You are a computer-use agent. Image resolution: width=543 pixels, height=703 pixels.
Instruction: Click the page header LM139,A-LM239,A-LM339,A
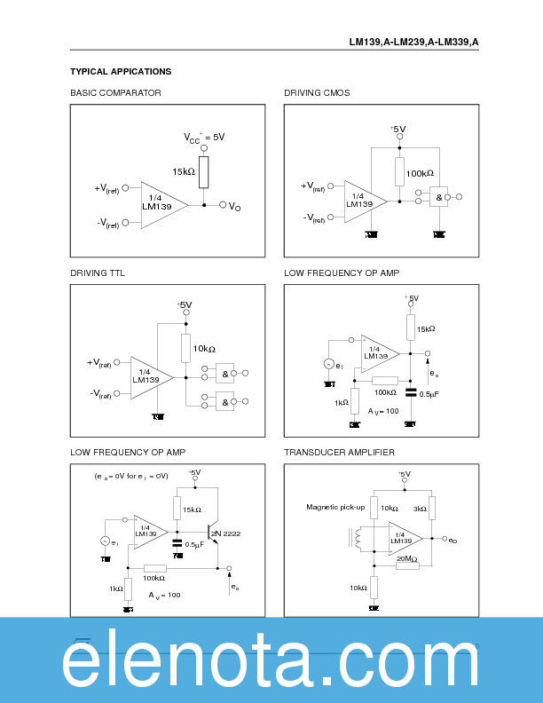[413, 42]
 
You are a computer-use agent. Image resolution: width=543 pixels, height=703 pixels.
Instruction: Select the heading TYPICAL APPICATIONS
[121, 71]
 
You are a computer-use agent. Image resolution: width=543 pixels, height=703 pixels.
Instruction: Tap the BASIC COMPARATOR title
[115, 92]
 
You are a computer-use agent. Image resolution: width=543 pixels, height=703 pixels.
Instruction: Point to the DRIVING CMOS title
[317, 92]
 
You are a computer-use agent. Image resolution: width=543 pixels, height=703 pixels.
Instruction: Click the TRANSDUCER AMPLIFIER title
[339, 452]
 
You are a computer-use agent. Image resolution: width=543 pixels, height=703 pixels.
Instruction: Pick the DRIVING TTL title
[98, 273]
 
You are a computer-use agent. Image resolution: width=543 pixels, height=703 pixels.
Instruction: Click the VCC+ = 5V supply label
[204, 138]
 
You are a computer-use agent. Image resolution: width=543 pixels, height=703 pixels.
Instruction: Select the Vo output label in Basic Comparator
[234, 207]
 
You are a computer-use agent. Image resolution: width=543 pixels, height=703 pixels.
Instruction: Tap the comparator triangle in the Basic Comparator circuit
[158, 204]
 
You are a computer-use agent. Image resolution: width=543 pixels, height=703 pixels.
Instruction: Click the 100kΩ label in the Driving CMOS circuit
[419, 173]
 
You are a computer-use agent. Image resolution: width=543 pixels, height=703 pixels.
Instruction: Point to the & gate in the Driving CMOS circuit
[437, 198]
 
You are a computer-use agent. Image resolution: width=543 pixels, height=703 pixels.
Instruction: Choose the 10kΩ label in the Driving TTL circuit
[204, 349]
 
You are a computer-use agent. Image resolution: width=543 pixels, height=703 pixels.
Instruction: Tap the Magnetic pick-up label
[329, 507]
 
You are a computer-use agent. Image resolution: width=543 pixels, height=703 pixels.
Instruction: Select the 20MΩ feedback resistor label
[407, 559]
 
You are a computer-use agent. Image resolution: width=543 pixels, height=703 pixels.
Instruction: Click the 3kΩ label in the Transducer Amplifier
[420, 509]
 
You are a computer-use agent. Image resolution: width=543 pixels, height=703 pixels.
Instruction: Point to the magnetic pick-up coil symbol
[358, 539]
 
